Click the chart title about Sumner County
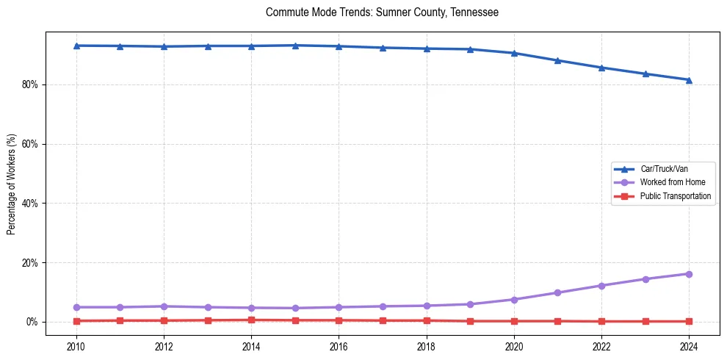[x=382, y=12]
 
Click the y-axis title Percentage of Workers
[x=12, y=184]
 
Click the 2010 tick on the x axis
[x=76, y=346]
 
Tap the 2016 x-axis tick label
[x=339, y=346]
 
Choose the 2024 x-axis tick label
[x=689, y=346]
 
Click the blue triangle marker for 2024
[x=689, y=80]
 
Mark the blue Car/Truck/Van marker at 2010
[x=76, y=46]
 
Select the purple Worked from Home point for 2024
[x=689, y=274]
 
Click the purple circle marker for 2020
[x=514, y=300]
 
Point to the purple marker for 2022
[x=601, y=286]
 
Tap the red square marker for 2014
[x=251, y=320]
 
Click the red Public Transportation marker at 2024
[x=689, y=321]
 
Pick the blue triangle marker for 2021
[x=557, y=60]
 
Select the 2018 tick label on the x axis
[x=426, y=346]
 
